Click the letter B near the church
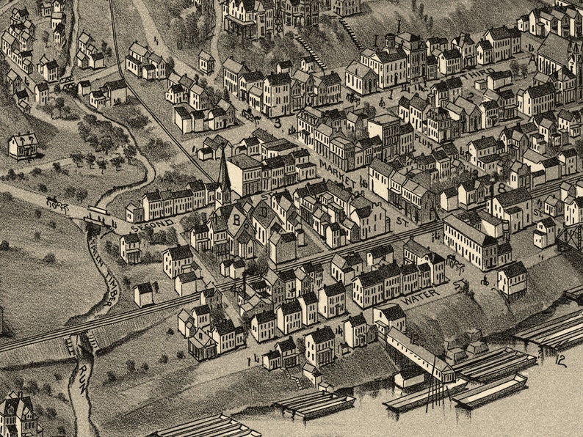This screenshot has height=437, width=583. pyautogui.click(x=236, y=218)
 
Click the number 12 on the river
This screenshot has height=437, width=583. pyautogui.click(x=561, y=360)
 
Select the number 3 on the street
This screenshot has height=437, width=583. pyautogui.click(x=278, y=123)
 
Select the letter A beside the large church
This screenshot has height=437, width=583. pyautogui.click(x=532, y=59)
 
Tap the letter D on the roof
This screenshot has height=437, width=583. pyautogui.click(x=262, y=211)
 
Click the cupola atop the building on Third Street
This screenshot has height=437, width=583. pyautogui.click(x=389, y=41)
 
